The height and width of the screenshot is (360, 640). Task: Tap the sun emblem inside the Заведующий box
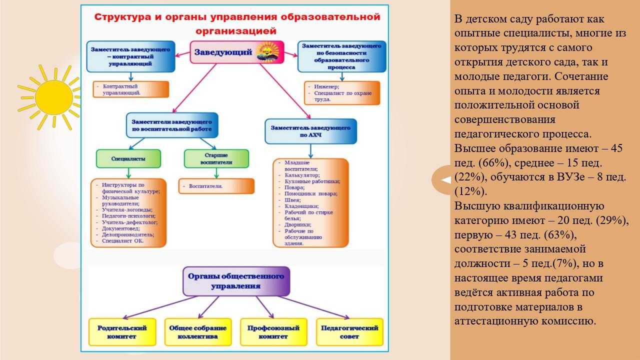click(268, 51)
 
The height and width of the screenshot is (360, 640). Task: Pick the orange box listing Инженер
click(342, 92)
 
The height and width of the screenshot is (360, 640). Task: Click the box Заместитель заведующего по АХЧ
click(310, 131)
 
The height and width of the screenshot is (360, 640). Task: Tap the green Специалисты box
click(128, 158)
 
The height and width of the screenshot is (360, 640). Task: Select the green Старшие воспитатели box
click(216, 158)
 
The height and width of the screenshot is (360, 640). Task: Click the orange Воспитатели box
click(216, 186)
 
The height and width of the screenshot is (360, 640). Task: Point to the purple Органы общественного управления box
click(236, 281)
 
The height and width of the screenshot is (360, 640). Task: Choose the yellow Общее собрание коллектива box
click(197, 332)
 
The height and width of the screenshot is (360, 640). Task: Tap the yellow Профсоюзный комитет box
click(273, 332)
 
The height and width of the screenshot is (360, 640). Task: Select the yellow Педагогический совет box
click(349, 332)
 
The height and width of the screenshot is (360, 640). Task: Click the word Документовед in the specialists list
click(120, 228)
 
